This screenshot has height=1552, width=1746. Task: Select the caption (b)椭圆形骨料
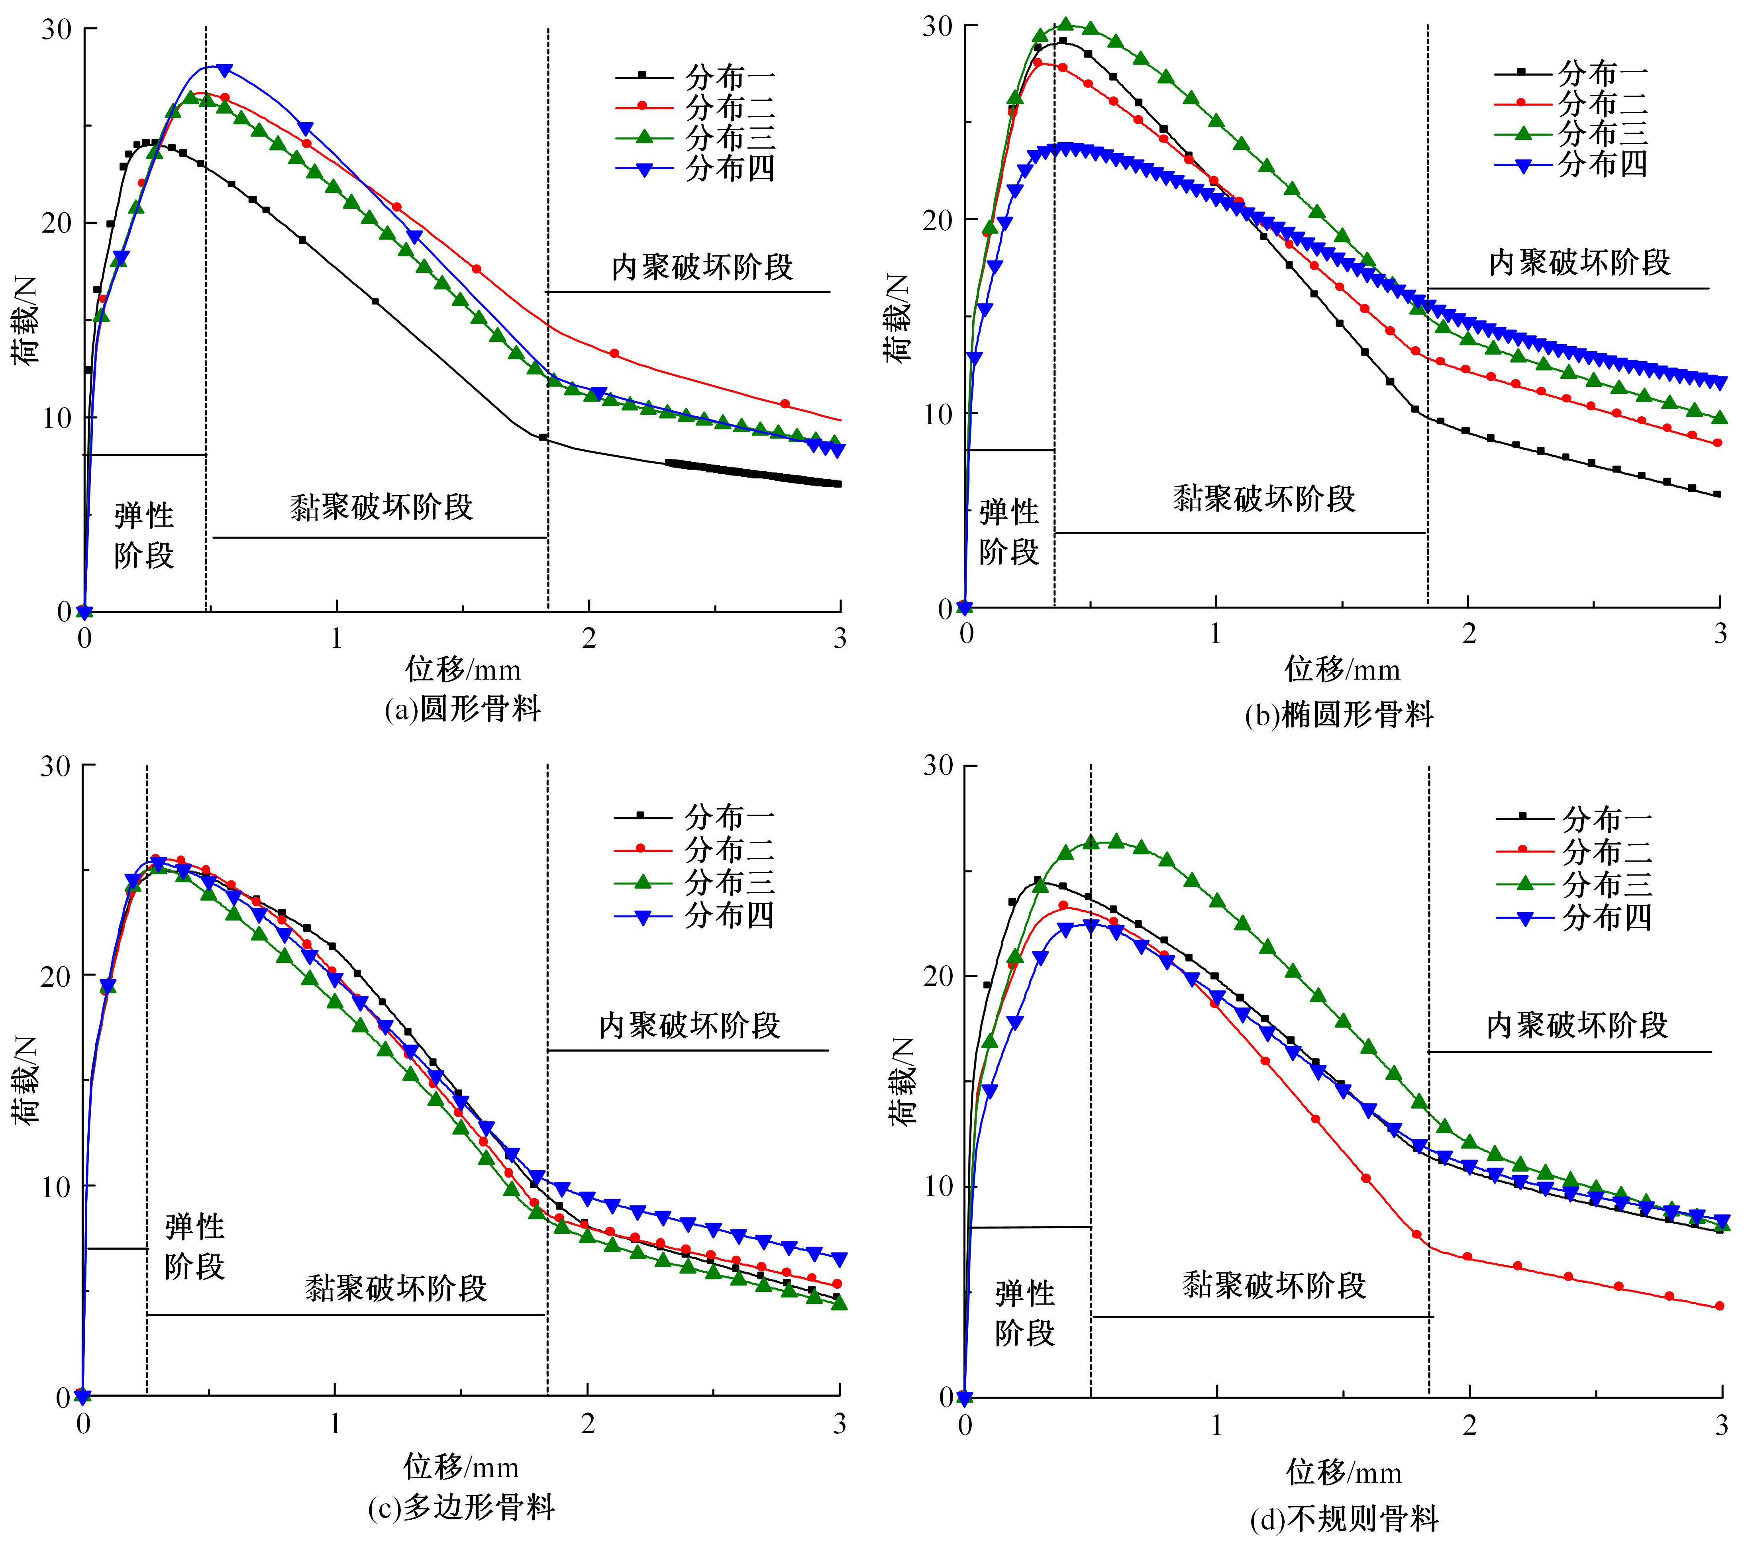coord(1338,714)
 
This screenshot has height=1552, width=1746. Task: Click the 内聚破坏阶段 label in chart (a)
coord(702,267)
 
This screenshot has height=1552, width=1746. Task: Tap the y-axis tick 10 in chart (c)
coord(56,1186)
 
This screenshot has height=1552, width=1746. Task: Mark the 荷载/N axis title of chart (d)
coord(901,1082)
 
